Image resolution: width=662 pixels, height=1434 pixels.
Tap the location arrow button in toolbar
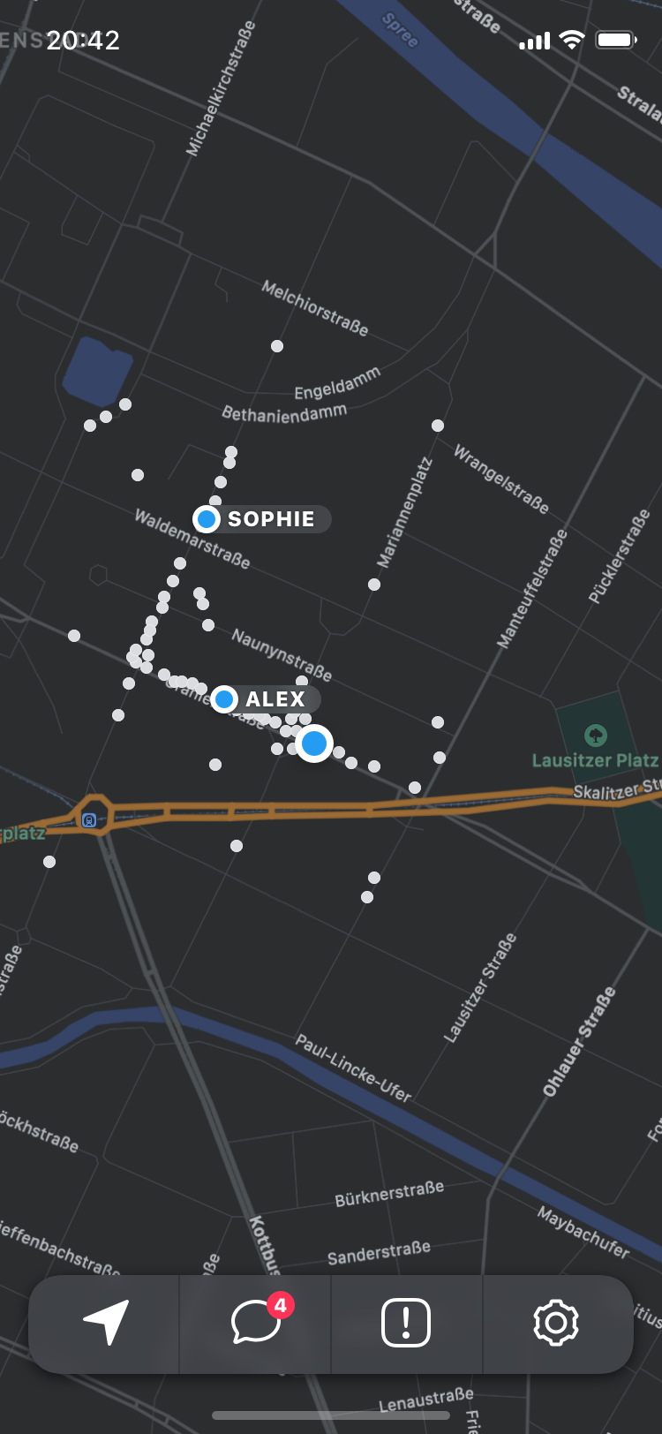point(107,1322)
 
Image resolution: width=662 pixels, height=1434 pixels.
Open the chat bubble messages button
point(256,1323)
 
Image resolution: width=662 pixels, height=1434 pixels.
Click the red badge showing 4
point(280,1305)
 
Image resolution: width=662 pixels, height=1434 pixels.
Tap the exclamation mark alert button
point(406,1323)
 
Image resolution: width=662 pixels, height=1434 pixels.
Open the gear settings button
point(555,1323)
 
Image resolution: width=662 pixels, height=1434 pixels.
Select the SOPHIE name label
point(271,519)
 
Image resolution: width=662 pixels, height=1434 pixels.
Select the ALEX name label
point(275,699)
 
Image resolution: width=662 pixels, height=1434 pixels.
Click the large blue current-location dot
point(313,743)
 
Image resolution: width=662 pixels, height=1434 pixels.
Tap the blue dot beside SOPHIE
point(207,519)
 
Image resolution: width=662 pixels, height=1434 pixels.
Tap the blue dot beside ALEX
point(224,699)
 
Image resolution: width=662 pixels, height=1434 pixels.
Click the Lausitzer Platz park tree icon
point(596,734)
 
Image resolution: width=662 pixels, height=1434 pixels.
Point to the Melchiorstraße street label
point(315,308)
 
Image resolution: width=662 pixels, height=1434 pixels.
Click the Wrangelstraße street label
point(501,479)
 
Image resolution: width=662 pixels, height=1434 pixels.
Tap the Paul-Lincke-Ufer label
point(353,1068)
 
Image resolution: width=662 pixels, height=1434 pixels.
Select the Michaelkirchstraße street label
point(221,88)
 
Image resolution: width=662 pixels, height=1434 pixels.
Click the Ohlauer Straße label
point(579,1043)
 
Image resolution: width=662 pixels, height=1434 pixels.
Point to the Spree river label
point(400,31)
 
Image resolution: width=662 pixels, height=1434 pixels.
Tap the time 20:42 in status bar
point(83,40)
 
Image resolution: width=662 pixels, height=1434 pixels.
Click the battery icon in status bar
point(616,40)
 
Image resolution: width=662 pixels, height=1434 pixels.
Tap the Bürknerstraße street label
point(389,1194)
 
